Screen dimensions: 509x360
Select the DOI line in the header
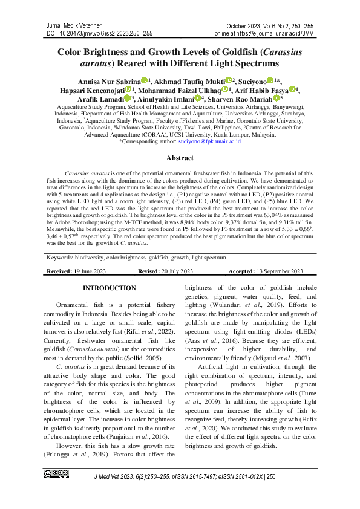click(x=100, y=34)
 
